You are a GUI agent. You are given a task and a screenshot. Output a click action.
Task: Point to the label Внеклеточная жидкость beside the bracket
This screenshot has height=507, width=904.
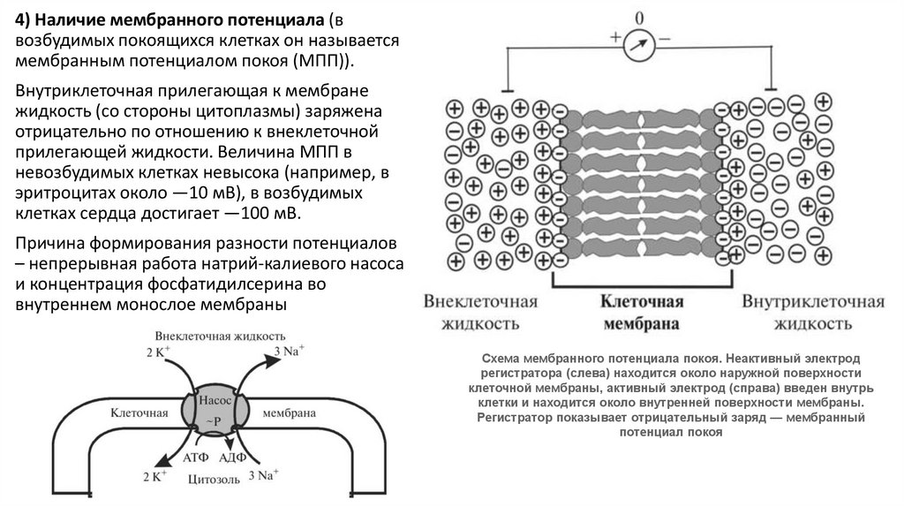click(x=481, y=313)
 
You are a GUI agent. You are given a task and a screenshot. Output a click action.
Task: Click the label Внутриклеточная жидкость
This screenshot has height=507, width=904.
click(x=812, y=313)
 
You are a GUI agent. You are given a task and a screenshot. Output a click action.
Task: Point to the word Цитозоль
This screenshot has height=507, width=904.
click(x=213, y=481)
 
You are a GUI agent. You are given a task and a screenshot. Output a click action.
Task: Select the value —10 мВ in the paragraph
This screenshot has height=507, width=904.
click(x=219, y=193)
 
